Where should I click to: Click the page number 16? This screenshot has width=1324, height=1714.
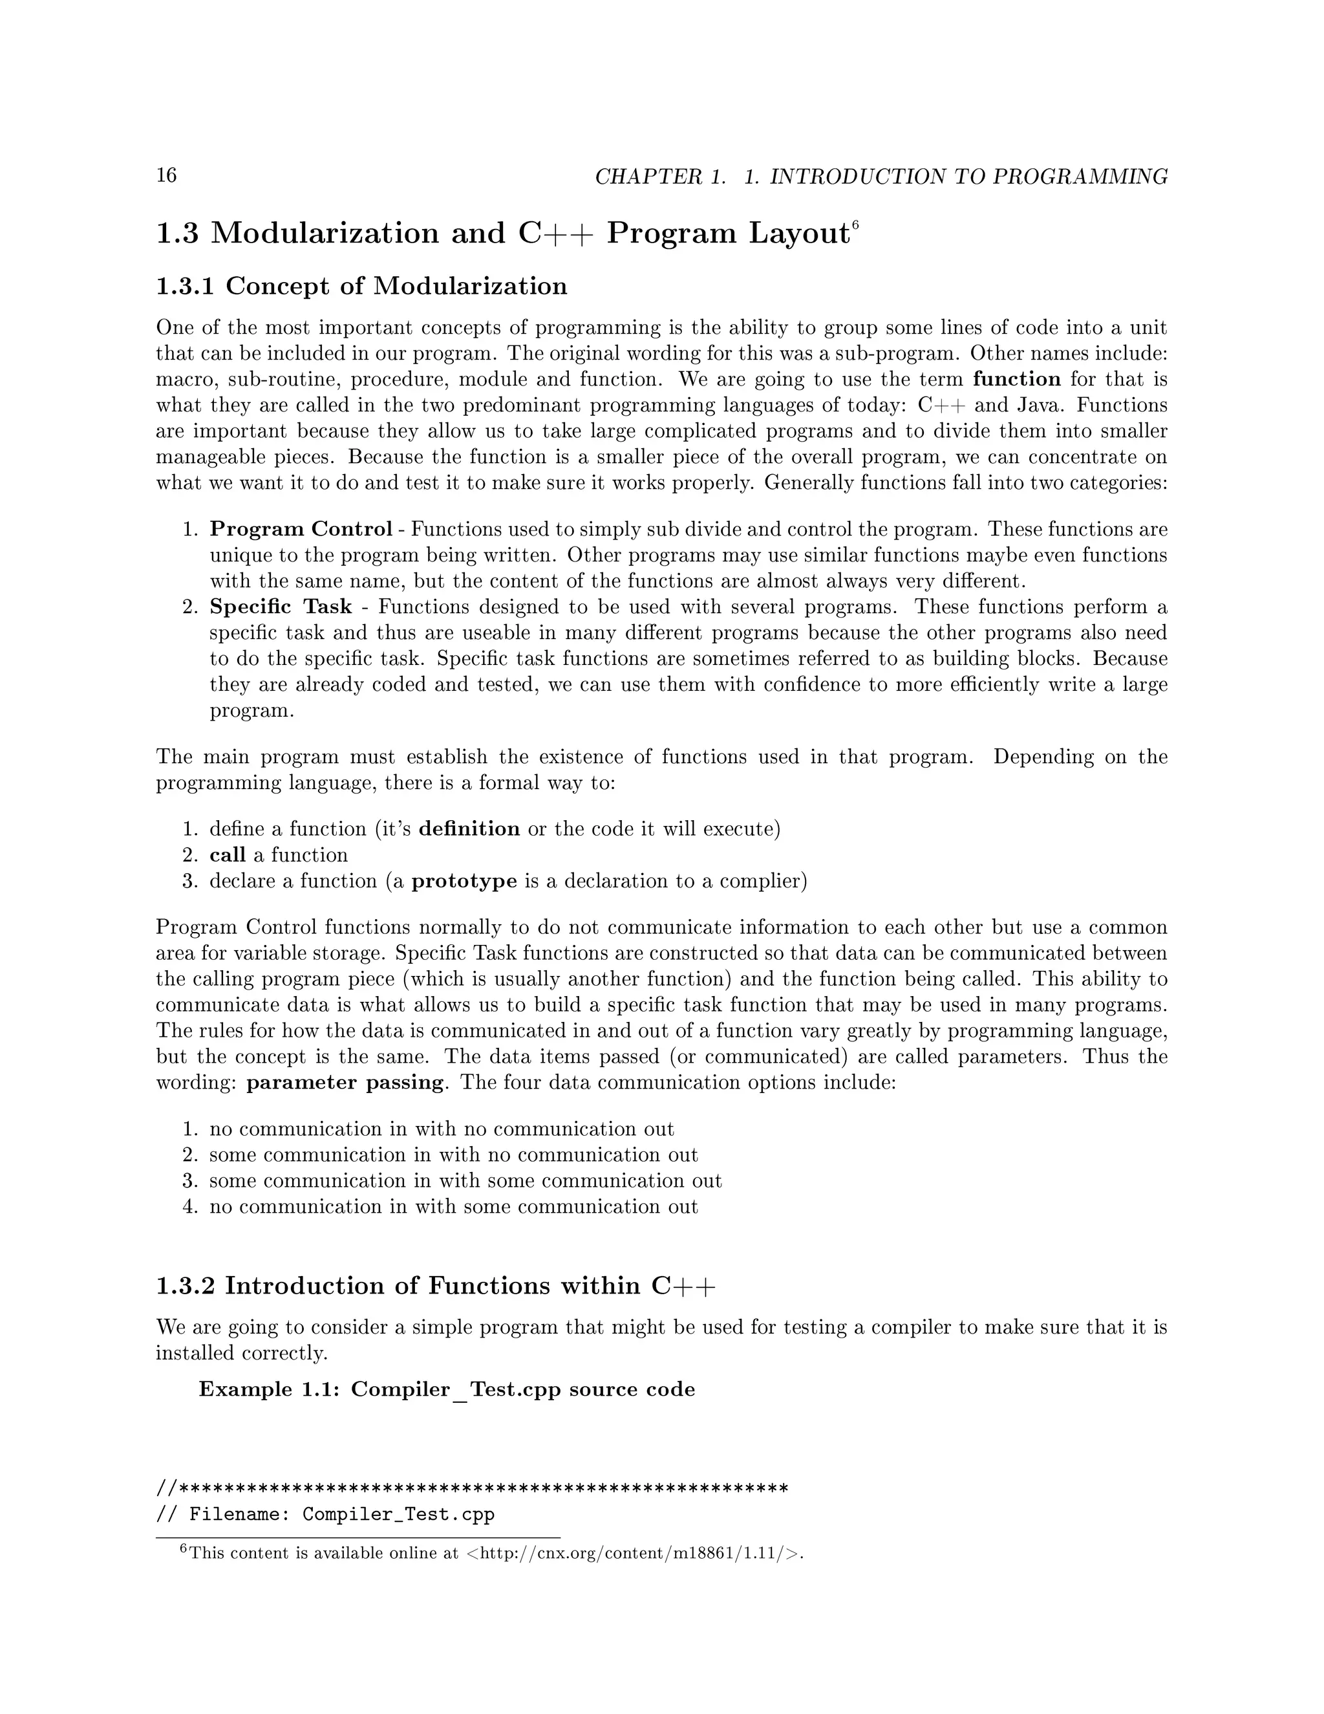coord(166,175)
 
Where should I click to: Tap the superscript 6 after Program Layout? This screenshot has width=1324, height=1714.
coord(856,224)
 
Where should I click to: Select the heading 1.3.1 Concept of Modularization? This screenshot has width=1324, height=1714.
coord(361,286)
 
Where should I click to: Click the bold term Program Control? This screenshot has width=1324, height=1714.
coord(301,529)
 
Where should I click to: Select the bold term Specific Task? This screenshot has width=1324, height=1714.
coord(280,607)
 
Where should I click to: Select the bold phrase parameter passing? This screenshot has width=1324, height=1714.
coord(345,1082)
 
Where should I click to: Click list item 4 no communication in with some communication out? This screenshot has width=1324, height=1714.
coord(453,1206)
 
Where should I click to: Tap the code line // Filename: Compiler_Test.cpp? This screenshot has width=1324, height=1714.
coord(326,1514)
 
